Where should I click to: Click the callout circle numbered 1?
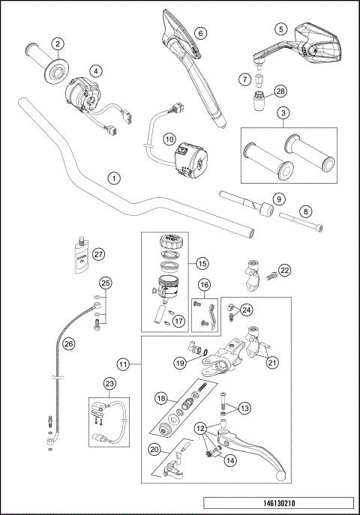tap(113, 178)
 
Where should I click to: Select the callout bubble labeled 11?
tap(126, 364)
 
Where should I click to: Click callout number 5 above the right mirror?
tap(281, 29)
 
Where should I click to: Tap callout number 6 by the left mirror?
tap(199, 33)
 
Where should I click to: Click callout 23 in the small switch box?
tap(109, 384)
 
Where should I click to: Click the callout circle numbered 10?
tap(169, 139)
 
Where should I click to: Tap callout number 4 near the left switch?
tap(96, 71)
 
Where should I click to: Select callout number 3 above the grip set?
tap(283, 113)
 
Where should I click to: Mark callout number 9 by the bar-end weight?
tap(277, 199)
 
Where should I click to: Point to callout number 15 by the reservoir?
tap(200, 263)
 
